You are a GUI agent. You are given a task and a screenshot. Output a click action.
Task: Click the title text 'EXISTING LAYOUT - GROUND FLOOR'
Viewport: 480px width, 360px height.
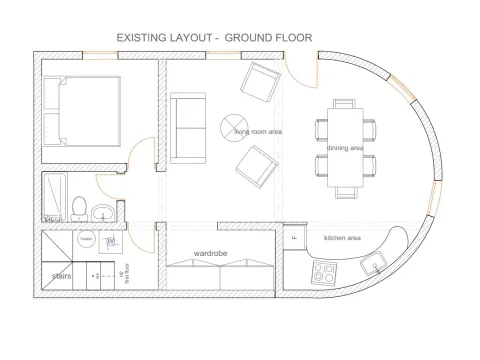coord(215,37)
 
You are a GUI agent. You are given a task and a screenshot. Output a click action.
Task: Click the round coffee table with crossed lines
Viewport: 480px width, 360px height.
coord(233,126)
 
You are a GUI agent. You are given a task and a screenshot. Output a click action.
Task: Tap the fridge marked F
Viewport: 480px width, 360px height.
coord(294,239)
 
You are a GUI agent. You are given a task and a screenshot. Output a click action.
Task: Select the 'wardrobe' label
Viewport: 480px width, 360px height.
coord(211,254)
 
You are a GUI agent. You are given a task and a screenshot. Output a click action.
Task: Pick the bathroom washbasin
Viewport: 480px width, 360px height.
coord(103,212)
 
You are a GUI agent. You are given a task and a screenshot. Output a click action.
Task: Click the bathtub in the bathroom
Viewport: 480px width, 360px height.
coord(52,197)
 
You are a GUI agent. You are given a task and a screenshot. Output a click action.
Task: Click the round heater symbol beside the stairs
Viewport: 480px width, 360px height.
coord(86,240)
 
